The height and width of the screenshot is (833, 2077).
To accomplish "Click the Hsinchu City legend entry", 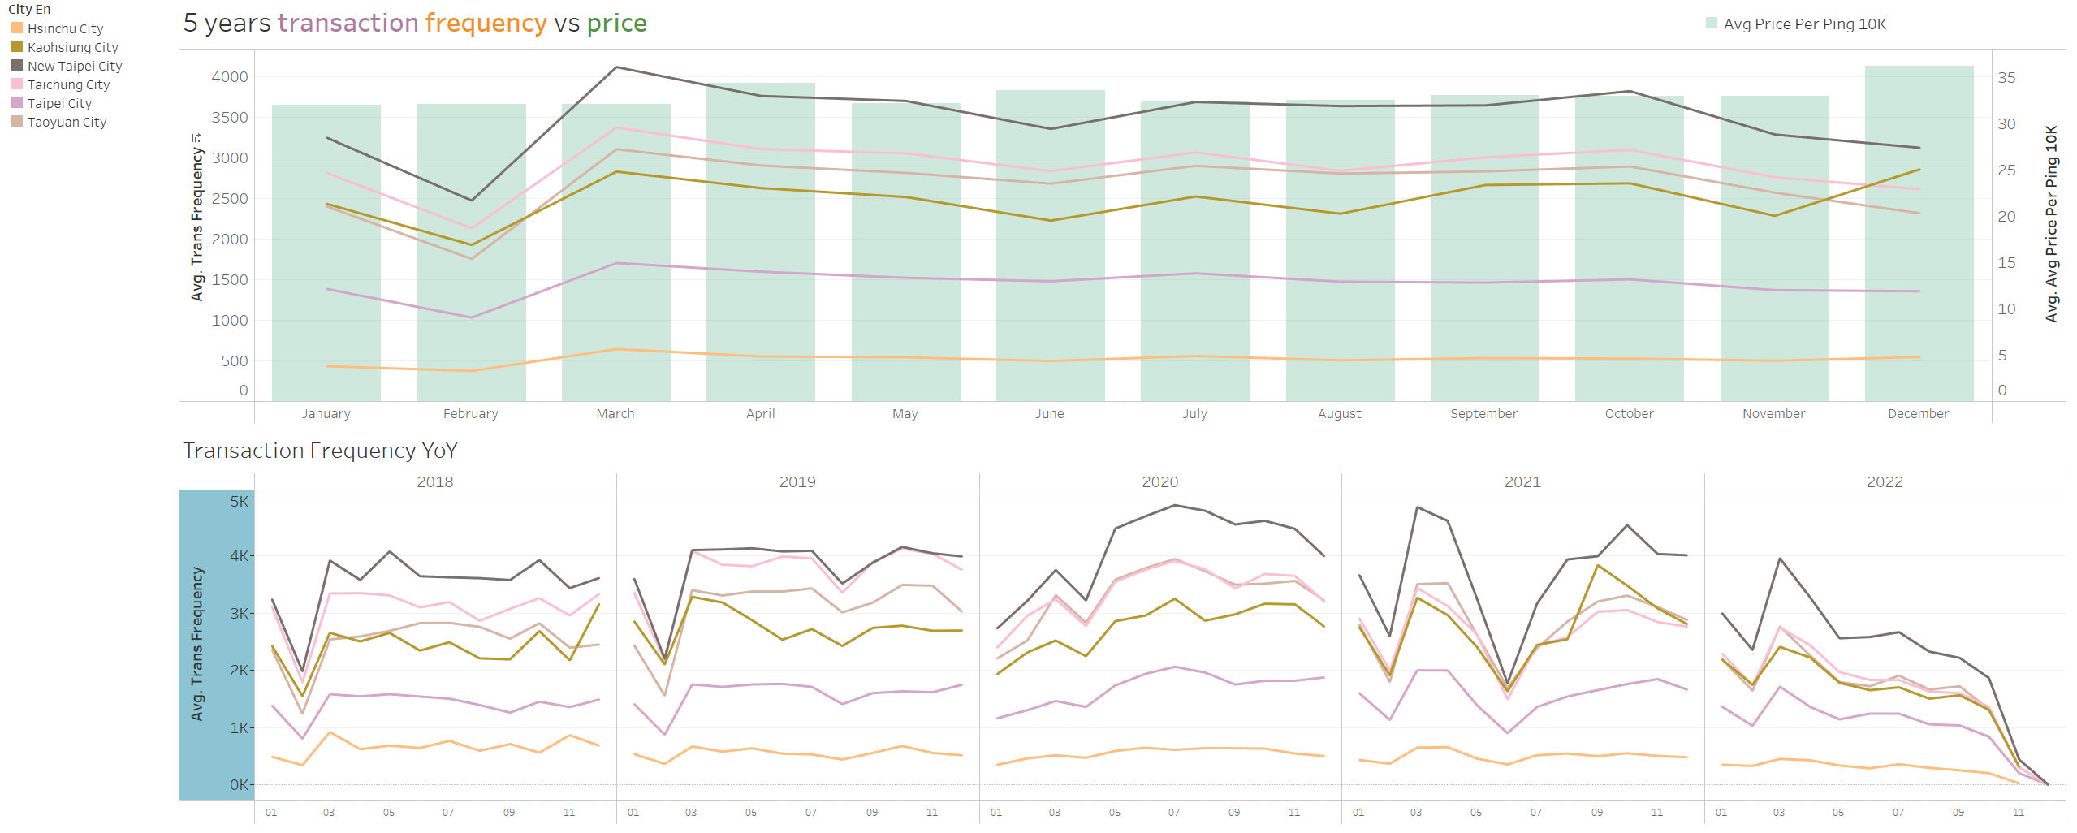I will tap(65, 28).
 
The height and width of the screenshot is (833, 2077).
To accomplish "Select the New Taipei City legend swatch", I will tap(17, 66).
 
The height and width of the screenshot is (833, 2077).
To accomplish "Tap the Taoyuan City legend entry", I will tap(67, 122).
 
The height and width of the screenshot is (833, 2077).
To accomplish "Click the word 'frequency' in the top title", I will tap(486, 24).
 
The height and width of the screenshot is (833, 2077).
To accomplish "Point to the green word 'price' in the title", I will tap(616, 24).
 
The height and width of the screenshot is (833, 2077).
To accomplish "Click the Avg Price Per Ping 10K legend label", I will tap(1804, 24).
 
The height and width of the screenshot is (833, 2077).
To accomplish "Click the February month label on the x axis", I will tap(471, 413).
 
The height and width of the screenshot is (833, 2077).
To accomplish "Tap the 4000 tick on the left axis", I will tap(230, 77).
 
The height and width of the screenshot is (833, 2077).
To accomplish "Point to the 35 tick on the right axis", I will tap(2006, 78).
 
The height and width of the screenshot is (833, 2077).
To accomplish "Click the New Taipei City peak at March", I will tap(616, 67).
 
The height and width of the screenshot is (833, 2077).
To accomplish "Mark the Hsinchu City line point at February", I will tap(471, 371).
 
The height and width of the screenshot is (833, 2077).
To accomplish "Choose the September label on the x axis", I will tap(1483, 413).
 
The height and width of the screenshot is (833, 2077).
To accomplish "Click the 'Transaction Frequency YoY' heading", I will tap(320, 451).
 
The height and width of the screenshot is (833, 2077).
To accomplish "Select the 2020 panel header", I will tap(1159, 481).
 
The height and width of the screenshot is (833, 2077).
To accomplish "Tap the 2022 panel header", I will tap(1885, 481).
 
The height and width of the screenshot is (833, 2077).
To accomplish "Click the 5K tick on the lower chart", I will tap(240, 501).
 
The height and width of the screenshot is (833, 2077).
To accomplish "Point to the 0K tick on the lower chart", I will tap(240, 784).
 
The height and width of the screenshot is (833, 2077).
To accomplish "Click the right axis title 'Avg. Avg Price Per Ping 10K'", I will tap(2051, 224).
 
